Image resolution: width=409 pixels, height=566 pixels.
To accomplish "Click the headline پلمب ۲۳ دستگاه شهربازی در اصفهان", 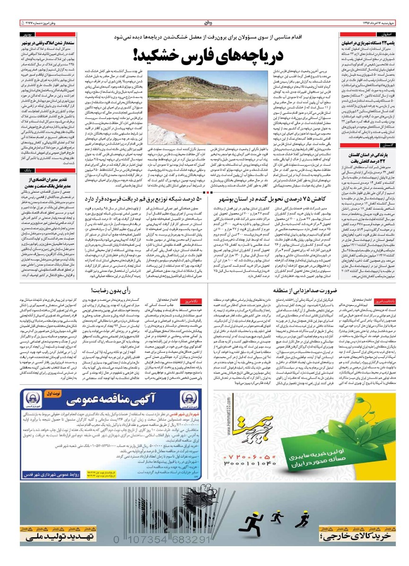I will [367, 43].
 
